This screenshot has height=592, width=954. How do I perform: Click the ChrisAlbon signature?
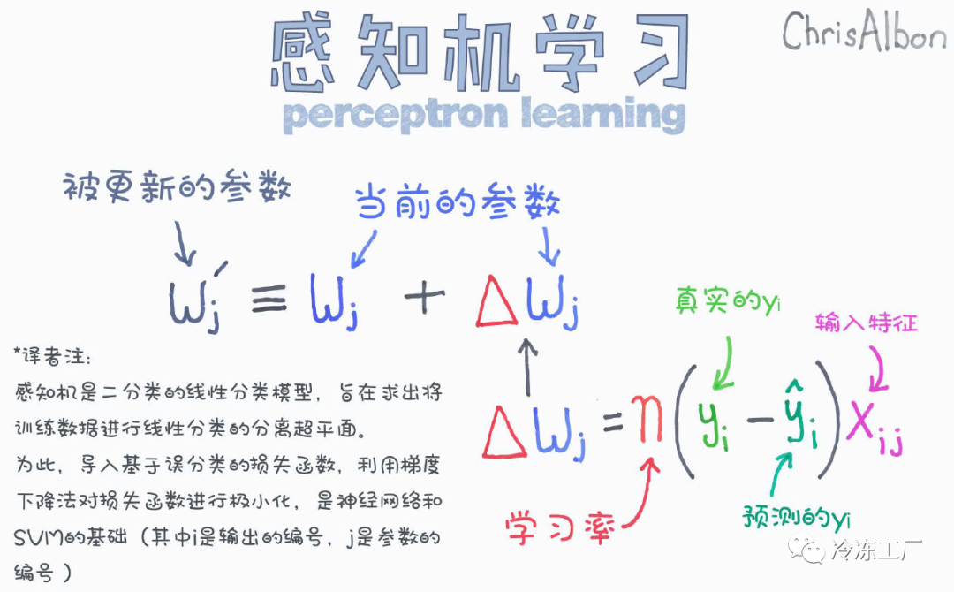[863, 30]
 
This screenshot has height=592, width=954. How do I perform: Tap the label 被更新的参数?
[177, 186]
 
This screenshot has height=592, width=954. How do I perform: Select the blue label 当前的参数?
[458, 202]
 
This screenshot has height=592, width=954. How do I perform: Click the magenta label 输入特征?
[867, 322]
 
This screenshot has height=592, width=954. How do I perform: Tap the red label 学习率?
[560, 528]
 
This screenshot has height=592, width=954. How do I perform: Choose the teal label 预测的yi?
[796, 518]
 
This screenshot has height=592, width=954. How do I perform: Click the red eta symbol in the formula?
[646, 419]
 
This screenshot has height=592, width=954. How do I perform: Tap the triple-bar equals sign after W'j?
[269, 299]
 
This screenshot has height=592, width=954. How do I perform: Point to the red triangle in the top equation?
[496, 300]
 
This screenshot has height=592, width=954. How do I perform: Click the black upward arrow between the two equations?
[527, 368]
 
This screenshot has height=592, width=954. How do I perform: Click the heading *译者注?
[52, 356]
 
